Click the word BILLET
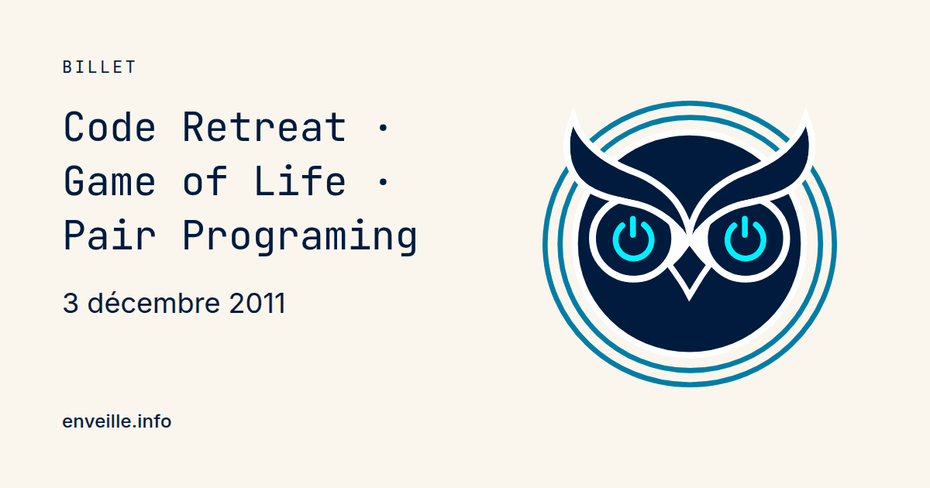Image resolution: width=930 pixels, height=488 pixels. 99,67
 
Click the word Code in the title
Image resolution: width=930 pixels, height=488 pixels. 110,127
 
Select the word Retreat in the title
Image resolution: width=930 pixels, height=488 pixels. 264,127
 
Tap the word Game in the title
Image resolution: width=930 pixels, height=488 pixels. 110,181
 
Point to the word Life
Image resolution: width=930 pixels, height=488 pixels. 300,181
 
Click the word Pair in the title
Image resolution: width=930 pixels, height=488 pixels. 110,235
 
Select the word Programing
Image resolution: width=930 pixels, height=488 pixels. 300,236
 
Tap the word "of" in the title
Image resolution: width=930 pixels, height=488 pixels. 205,181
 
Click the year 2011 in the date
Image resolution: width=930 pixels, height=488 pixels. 257,304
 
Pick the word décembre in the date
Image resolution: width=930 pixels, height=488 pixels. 153,303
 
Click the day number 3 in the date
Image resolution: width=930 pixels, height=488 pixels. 71,304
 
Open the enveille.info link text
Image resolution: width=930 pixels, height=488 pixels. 117,421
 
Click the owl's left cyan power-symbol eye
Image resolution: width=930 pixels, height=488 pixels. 634,239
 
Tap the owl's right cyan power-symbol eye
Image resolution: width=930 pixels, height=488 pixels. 746,239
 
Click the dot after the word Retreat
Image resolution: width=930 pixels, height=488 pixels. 383,128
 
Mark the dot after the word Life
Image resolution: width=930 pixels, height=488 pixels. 383,182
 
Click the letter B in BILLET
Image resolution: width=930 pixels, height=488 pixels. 67,67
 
